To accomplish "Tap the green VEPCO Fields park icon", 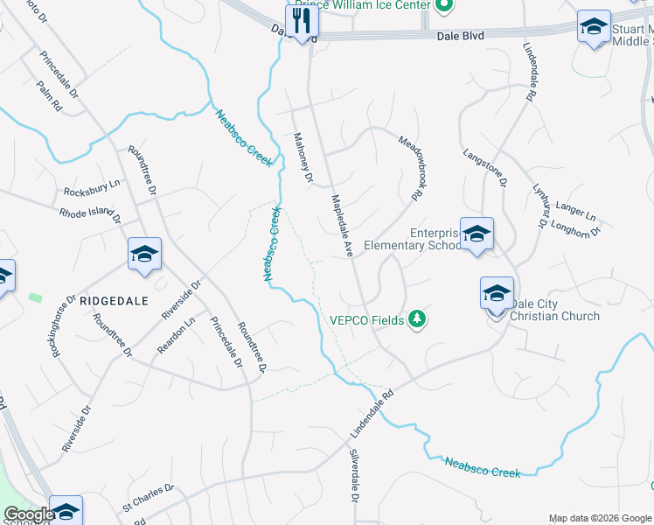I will coord(418,319).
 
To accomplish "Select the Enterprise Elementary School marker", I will coord(477,234).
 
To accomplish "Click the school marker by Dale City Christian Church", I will coord(497,293).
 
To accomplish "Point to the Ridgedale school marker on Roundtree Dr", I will coord(144,254).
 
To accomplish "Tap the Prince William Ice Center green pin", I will coord(443,5).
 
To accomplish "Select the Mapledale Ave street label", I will coord(341,225).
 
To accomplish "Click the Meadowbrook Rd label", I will coord(410,167).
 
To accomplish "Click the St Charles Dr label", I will coord(142,499).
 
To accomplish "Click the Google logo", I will coord(29,514).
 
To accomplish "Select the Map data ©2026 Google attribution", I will coord(599,518).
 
